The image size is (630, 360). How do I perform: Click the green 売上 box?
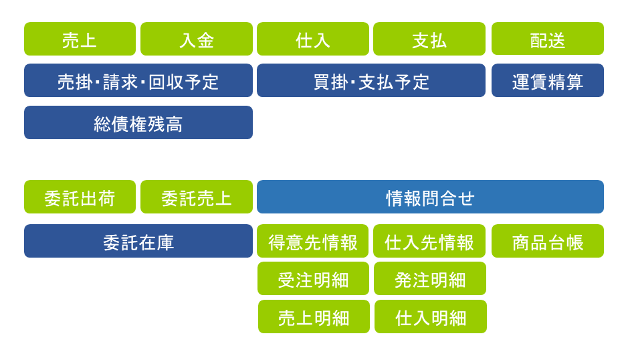point(80,39)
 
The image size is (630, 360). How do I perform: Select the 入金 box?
point(197,39)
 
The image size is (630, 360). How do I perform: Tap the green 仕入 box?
point(313,39)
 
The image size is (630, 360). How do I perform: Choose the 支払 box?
point(429,39)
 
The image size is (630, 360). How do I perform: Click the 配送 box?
point(548,39)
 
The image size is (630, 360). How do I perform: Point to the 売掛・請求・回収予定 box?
point(138,80)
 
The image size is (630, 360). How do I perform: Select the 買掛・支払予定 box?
point(371,80)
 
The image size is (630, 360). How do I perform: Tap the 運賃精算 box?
point(548,80)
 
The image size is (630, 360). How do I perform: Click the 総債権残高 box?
point(138,122)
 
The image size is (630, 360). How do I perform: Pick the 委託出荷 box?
point(80,197)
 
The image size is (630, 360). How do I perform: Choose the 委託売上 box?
point(197,197)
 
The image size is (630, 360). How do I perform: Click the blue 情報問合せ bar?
point(430,197)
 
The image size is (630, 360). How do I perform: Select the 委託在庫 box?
point(138,241)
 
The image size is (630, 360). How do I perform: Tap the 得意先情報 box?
point(312,241)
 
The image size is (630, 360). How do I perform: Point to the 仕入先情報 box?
point(429,241)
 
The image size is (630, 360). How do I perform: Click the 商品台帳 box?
point(548,241)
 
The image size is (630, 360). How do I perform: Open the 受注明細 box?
point(314,278)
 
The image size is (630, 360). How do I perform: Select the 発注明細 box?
point(430,278)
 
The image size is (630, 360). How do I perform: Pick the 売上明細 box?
point(314,317)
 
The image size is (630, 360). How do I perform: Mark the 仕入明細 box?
point(431,317)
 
